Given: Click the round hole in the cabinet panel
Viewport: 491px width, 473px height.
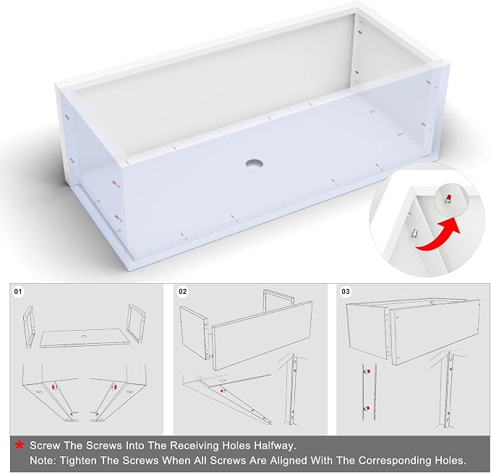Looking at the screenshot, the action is point(254,163).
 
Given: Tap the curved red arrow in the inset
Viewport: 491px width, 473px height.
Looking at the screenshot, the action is point(438,235).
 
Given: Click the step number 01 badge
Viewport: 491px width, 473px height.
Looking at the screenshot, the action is point(18,292).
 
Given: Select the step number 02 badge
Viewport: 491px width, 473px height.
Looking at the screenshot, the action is point(182,292).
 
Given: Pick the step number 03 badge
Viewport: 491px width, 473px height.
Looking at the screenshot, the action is point(346,292).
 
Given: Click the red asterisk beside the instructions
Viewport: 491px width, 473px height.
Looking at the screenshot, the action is point(20,445).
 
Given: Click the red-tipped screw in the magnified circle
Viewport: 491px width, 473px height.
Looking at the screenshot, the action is point(448,199).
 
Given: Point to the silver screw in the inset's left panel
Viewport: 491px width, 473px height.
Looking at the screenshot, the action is point(414,233).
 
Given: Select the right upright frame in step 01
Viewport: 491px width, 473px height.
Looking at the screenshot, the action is point(136,323).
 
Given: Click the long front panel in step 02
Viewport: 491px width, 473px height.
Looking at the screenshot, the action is point(262,335).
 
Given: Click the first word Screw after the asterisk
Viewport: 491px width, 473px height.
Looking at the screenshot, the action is point(45,446).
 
